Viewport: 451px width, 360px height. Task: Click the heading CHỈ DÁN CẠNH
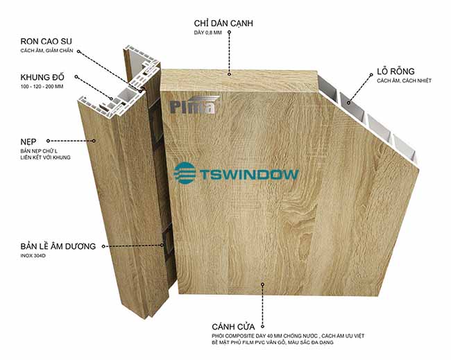click(x=223, y=24)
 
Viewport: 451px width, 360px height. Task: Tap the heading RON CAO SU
click(x=46, y=42)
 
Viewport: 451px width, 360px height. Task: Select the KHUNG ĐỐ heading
click(x=42, y=77)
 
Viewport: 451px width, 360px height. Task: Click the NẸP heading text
click(x=28, y=142)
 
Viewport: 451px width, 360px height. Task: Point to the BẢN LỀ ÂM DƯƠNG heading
click(x=58, y=246)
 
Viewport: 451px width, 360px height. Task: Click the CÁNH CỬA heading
click(x=233, y=327)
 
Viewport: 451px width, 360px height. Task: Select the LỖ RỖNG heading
click(x=395, y=71)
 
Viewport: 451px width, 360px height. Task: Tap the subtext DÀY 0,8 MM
click(x=207, y=33)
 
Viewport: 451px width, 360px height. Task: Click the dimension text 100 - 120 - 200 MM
click(x=42, y=87)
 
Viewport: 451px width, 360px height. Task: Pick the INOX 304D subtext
click(x=33, y=256)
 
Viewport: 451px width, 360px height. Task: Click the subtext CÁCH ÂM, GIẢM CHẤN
click(x=47, y=51)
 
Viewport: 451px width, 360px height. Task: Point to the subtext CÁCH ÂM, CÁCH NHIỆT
click(x=404, y=80)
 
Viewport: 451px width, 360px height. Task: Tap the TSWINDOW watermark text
click(x=249, y=174)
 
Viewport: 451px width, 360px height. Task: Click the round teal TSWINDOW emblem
click(x=185, y=173)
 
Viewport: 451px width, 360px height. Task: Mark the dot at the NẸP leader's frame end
click(x=94, y=141)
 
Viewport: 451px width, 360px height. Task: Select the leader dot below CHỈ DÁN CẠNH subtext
click(x=229, y=32)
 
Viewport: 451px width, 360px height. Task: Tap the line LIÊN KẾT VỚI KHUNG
click(x=45, y=157)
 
